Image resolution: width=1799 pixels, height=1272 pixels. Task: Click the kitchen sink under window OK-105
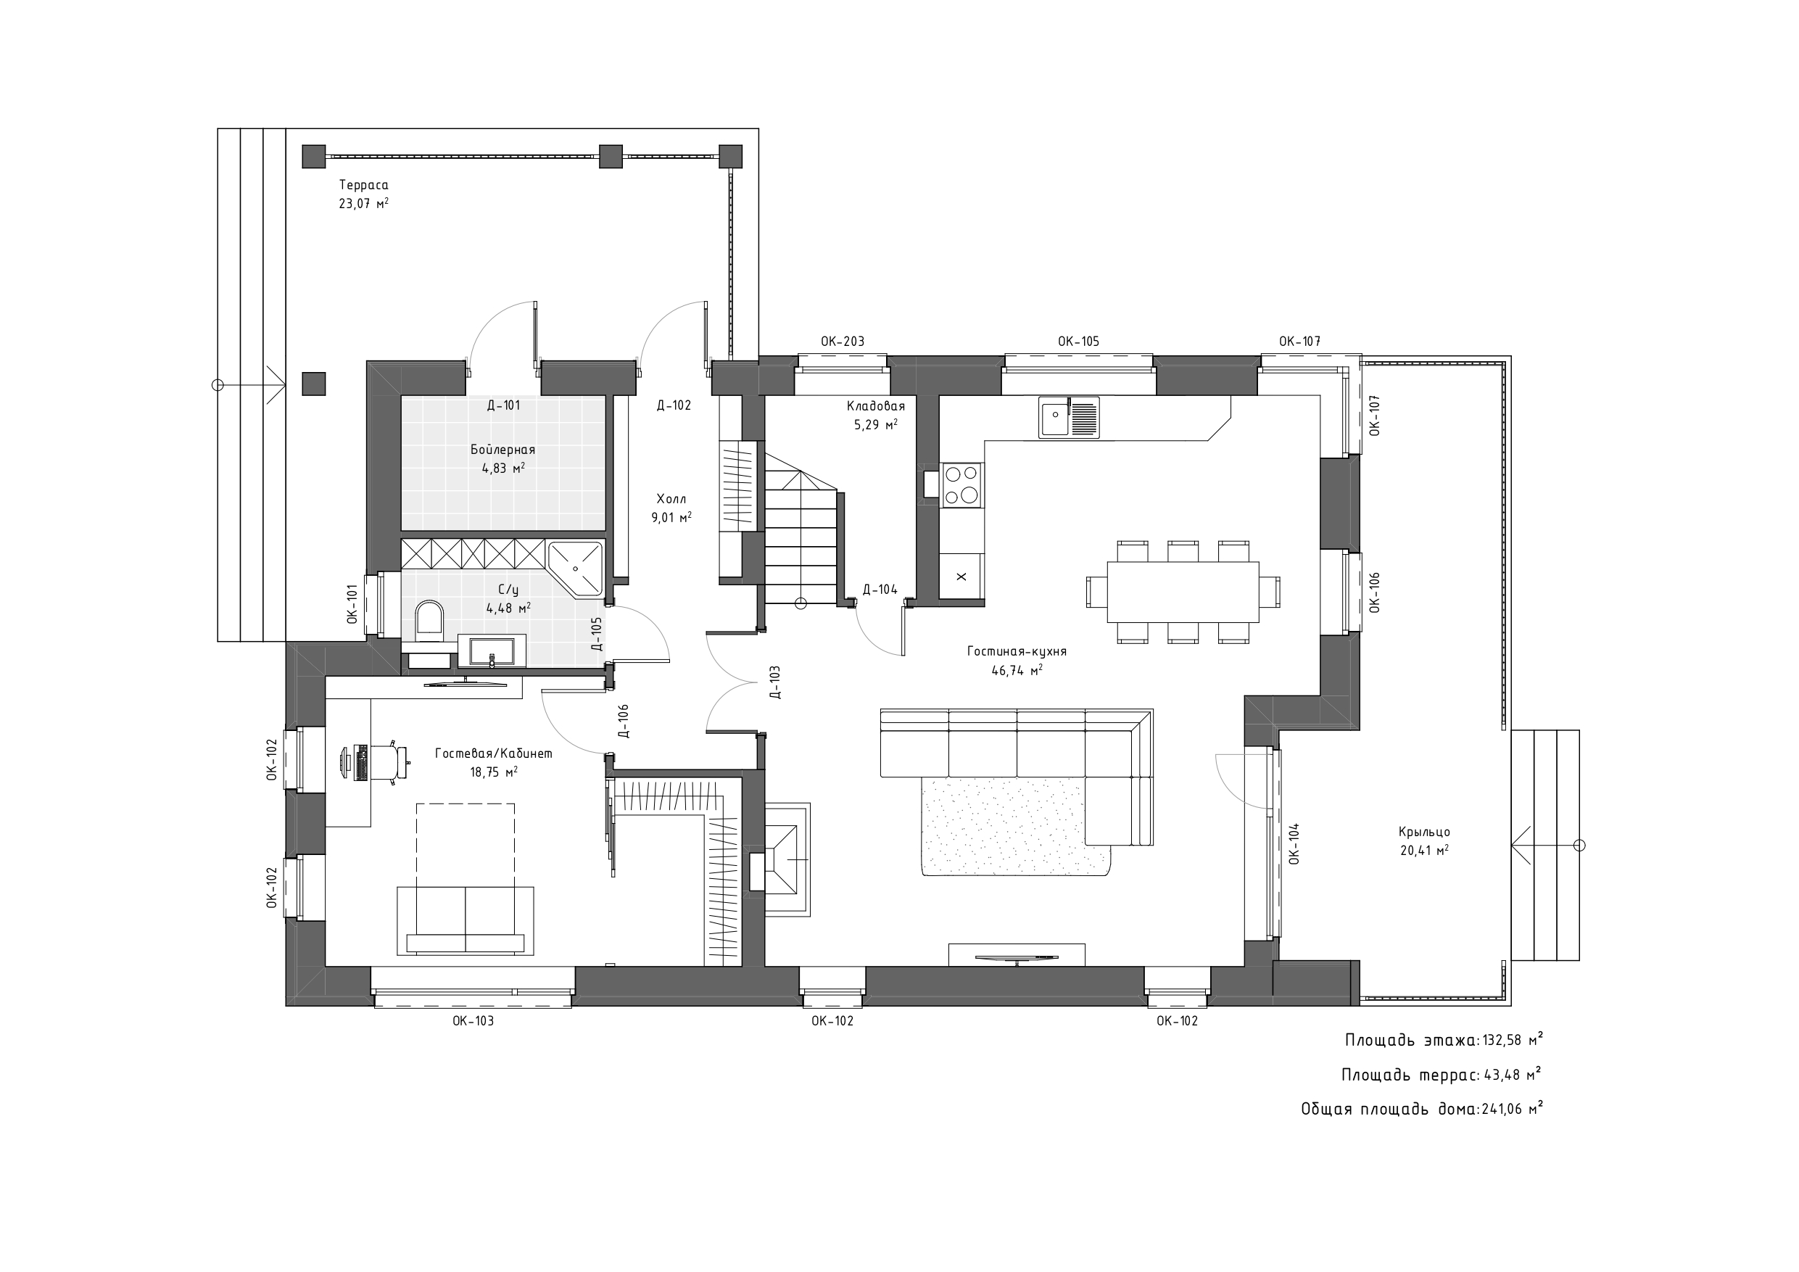coord(1069,416)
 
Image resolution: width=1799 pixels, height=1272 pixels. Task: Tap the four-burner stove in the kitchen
coord(961,484)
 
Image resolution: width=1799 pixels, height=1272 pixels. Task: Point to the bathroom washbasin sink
coord(492,651)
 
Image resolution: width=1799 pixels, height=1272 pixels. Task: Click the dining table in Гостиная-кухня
coord(1183,592)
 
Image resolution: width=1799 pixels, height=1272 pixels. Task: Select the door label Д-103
coord(774,682)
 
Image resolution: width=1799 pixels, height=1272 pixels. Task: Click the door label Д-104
coord(880,590)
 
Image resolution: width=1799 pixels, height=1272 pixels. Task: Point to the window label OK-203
coord(843,341)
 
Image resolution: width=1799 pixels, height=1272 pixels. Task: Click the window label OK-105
coord(1078,341)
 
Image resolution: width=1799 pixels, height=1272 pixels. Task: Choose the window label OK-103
coord(473,1020)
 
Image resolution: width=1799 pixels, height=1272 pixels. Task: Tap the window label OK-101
coord(352,603)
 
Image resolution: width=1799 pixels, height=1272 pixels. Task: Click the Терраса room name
coord(363,185)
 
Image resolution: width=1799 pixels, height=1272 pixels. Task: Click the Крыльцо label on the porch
coord(1423,832)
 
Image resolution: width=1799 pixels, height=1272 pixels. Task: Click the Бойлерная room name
coord(503,450)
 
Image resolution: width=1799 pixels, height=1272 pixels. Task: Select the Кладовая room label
coord(876,406)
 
